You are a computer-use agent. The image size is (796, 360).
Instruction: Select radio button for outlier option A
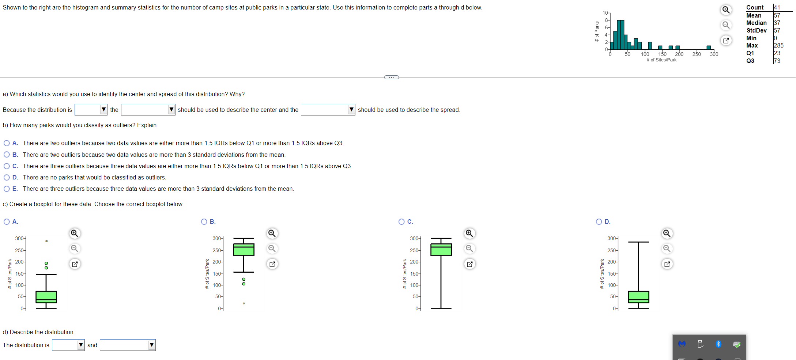(x=7, y=143)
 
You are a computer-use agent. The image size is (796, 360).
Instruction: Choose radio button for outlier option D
(x=7, y=178)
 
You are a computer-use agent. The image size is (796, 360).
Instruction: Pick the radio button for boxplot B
(x=204, y=222)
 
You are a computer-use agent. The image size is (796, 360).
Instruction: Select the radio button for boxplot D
(x=599, y=222)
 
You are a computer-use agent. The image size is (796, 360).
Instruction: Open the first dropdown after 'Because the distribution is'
(x=91, y=110)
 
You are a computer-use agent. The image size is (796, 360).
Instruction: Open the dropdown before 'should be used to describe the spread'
(x=328, y=110)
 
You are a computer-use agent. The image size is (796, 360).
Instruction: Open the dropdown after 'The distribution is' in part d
(x=68, y=345)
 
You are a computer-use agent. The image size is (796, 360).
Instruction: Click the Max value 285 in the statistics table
(x=778, y=46)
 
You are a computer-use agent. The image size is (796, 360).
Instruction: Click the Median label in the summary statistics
(x=756, y=23)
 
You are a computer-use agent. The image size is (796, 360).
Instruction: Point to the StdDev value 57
(x=777, y=31)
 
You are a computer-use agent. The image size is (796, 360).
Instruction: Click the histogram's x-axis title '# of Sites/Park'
(x=661, y=60)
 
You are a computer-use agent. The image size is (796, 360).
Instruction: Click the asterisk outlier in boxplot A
(x=46, y=241)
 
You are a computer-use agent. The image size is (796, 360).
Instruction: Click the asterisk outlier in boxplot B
(x=244, y=304)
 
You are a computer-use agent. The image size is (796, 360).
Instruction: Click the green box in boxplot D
(x=638, y=297)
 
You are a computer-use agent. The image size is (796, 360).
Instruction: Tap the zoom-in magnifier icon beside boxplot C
(x=469, y=234)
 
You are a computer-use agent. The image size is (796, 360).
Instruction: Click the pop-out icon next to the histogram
(x=726, y=41)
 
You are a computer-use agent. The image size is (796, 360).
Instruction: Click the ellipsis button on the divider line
(x=392, y=77)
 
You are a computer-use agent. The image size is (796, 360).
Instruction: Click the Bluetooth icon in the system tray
(x=718, y=344)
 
